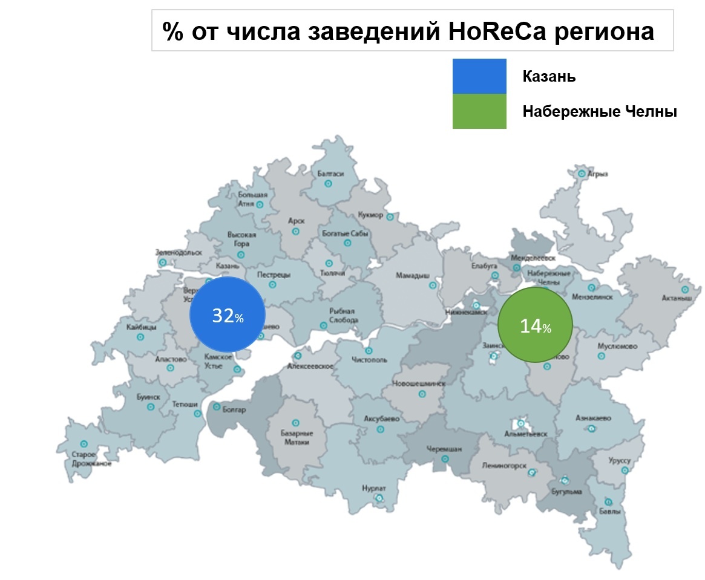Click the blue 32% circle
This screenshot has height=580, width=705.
tap(228, 314)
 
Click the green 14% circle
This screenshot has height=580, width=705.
tap(535, 325)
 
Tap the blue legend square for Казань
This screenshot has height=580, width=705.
tap(479, 76)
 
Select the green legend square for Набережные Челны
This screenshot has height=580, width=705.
tap(479, 111)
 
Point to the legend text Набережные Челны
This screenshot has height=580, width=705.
tap(599, 112)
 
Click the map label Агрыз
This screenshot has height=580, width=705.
tap(598, 174)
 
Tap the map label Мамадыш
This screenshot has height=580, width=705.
tap(412, 275)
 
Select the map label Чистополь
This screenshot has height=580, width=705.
tap(369, 360)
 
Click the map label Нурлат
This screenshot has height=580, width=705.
tap(373, 487)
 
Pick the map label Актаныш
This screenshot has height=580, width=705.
tap(677, 298)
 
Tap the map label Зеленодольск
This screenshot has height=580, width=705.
tap(179, 252)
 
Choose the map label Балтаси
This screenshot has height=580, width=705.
tap(330, 174)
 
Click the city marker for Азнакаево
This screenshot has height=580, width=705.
tap(591, 428)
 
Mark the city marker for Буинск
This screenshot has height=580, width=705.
tap(150, 407)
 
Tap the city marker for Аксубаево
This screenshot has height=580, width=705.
tap(380, 429)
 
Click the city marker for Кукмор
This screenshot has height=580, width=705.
tap(390, 216)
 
